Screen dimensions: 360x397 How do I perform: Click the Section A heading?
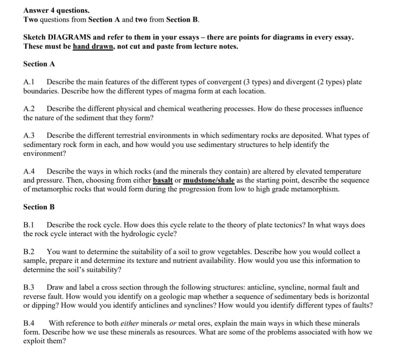click(39, 64)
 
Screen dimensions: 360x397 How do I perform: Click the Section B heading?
click(39, 207)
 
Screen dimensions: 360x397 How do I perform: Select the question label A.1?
click(29, 82)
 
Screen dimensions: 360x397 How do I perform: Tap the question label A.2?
click(29, 109)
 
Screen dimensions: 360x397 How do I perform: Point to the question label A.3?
click(29, 136)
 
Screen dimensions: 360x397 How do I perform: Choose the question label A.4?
click(29, 171)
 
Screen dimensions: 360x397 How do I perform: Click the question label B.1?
click(29, 225)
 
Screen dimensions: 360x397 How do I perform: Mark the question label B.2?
click(29, 252)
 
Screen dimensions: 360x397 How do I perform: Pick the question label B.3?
click(29, 287)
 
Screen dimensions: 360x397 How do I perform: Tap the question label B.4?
click(29, 323)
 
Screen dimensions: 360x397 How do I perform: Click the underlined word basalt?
click(163, 180)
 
